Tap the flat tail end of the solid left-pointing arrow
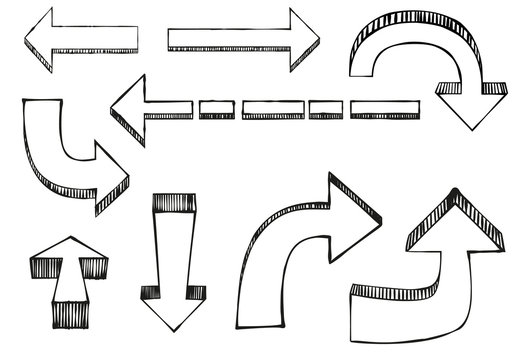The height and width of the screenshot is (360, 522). [136, 36]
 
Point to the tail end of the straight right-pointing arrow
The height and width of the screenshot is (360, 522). [172, 38]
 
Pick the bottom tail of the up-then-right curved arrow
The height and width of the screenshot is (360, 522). [256, 320]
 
